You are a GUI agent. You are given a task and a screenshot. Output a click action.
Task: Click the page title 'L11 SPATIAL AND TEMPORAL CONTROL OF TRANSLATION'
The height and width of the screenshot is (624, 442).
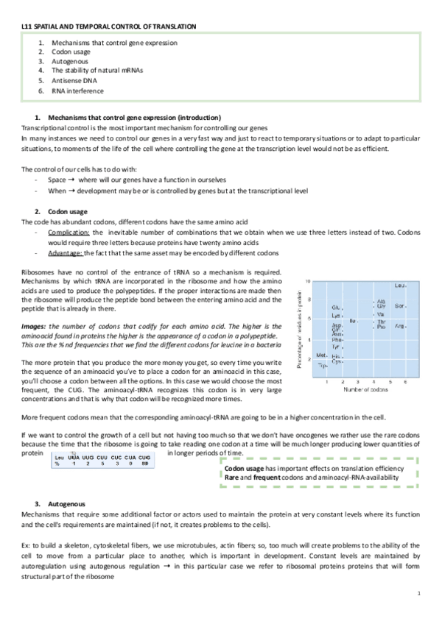[x=108, y=26]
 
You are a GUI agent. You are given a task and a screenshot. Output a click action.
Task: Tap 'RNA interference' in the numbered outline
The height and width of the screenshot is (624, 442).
[x=77, y=91]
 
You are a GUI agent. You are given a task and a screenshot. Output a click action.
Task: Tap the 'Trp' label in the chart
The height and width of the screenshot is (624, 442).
[x=322, y=364]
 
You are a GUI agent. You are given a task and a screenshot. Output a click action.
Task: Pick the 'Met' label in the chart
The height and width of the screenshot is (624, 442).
[x=322, y=355]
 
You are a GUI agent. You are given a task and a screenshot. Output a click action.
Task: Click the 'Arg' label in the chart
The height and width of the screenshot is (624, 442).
[x=400, y=325]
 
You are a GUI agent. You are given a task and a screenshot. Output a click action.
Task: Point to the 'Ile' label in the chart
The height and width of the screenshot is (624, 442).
[x=353, y=321]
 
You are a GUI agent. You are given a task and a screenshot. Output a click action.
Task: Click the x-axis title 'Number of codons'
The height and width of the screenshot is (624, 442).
[x=361, y=391]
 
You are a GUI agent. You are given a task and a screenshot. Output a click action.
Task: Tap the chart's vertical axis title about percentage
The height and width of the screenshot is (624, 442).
[x=301, y=328]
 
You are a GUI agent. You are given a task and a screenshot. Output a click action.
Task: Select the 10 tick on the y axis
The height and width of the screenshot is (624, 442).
[x=308, y=280]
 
